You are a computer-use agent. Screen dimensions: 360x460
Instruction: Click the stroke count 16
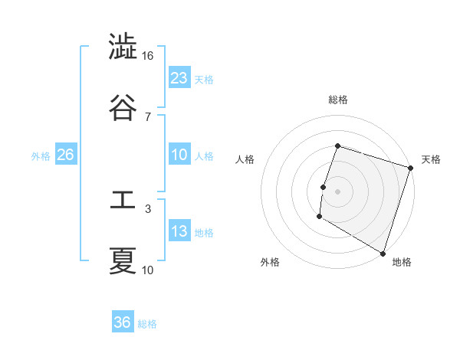[148, 56]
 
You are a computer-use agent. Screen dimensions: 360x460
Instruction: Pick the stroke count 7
[148, 116]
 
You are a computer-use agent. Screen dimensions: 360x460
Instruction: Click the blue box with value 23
[179, 77]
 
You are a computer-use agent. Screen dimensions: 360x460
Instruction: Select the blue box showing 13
[179, 231]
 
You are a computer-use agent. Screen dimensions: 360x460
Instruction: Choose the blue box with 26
[65, 155]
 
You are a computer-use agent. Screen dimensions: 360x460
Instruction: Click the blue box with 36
[123, 322]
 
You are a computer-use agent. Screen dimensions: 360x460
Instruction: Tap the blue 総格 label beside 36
[147, 324]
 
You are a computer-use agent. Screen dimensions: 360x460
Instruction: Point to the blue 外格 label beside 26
[41, 156]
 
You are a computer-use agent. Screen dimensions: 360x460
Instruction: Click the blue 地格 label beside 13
[205, 233]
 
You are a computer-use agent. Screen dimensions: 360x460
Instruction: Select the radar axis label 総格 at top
[338, 100]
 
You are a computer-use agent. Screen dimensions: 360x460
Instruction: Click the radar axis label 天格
[431, 159]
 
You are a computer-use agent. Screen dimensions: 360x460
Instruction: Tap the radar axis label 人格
[245, 159]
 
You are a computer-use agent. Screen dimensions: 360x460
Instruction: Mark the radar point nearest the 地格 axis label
[383, 253]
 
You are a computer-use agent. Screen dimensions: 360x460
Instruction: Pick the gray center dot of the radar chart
[338, 191]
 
